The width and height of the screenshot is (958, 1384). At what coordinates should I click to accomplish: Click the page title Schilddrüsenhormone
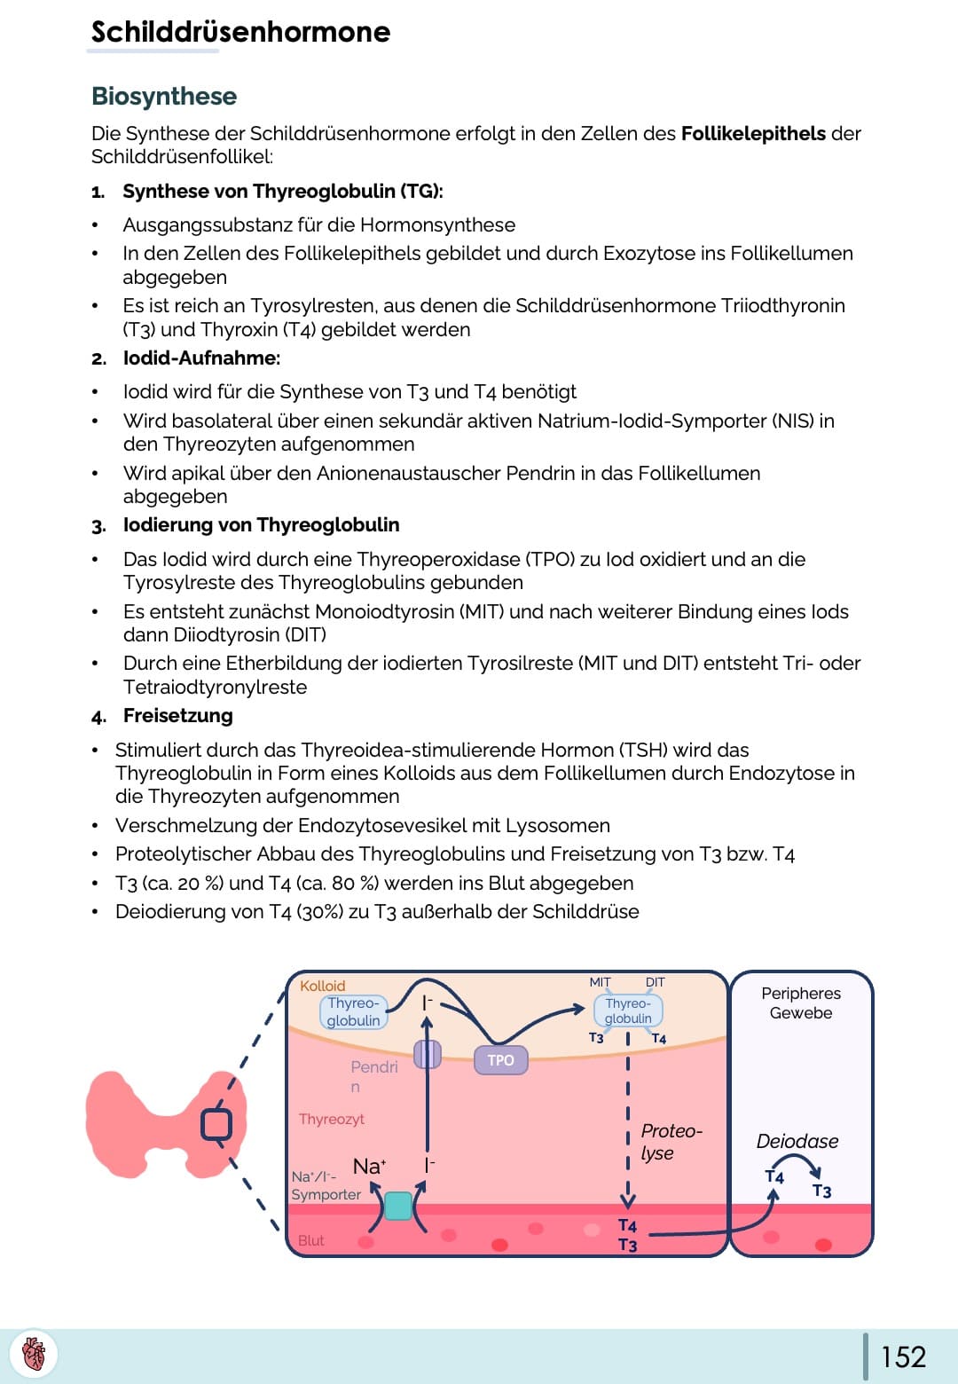coord(240,32)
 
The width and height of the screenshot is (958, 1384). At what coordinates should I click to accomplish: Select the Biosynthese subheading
coord(164,96)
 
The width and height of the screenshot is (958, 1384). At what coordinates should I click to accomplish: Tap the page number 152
coord(903,1356)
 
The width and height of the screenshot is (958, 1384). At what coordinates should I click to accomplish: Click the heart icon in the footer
coord(34,1355)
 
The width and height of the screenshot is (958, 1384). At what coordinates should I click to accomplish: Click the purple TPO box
coord(500,1060)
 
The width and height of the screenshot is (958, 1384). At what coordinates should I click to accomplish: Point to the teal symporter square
coord(398,1206)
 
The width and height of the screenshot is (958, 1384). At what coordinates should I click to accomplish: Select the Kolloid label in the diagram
coord(322,986)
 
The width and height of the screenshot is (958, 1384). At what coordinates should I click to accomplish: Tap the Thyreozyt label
coord(331,1119)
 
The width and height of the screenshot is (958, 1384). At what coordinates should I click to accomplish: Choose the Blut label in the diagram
coord(310,1240)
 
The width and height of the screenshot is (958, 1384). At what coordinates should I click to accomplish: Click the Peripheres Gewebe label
coord(801,1003)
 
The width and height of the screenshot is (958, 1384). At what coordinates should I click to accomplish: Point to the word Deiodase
coord(797,1141)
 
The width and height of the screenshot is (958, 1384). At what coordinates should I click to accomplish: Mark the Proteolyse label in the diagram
coord(671,1142)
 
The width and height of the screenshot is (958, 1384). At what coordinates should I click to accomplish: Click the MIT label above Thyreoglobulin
coord(600,982)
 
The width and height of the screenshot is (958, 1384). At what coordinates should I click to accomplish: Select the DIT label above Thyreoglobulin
coord(655,982)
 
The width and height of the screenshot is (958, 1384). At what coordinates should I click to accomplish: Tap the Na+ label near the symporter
coord(369,1166)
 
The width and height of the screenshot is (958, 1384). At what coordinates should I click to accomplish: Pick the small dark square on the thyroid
coord(216,1124)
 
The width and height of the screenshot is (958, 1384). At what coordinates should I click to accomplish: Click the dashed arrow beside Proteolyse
coord(628,1127)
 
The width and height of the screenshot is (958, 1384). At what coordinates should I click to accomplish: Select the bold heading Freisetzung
coord(177,715)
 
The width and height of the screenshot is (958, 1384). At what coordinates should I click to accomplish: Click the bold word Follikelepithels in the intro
coord(753,133)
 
